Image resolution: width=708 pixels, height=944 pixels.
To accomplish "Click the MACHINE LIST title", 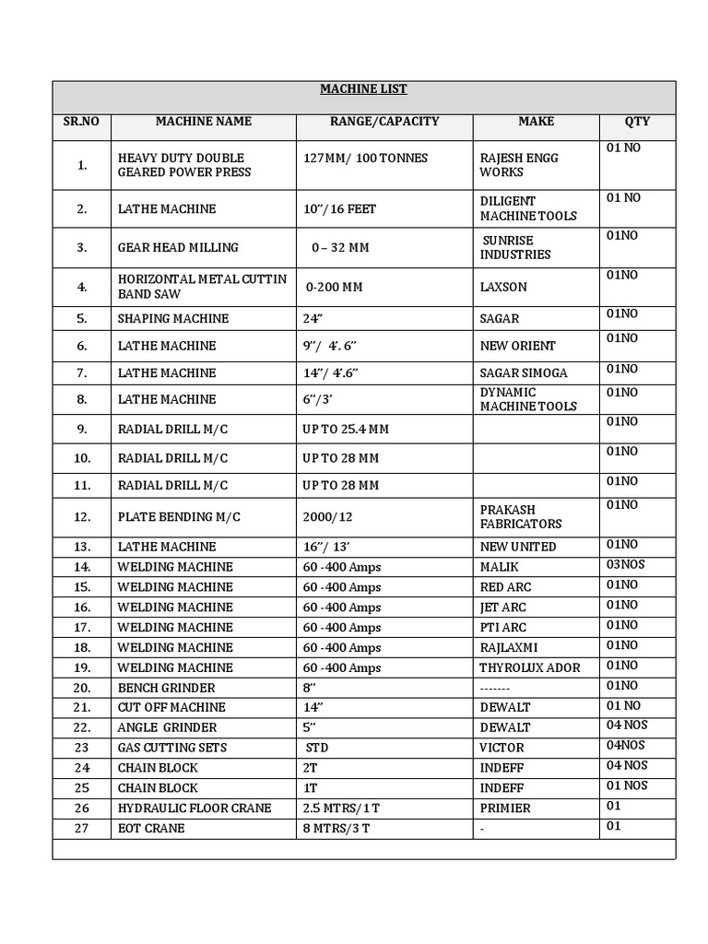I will pyautogui.click(x=363, y=89).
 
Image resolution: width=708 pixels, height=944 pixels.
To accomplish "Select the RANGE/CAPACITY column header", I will pyautogui.click(x=384, y=122).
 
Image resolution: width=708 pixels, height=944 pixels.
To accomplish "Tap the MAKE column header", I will pyautogui.click(x=536, y=122).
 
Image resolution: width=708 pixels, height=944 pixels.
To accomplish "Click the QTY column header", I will pyautogui.click(x=637, y=122).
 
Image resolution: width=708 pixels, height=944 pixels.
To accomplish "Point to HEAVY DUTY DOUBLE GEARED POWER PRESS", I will pyautogui.click(x=184, y=165).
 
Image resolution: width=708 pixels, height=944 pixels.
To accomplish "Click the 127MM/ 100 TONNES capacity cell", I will pyautogui.click(x=365, y=158).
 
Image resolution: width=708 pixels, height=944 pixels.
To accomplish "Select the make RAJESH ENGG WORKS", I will pyautogui.click(x=519, y=165).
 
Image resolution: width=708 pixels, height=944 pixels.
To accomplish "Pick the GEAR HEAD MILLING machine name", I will pyautogui.click(x=178, y=247).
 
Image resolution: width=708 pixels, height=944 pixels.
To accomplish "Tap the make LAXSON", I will pyautogui.click(x=503, y=287).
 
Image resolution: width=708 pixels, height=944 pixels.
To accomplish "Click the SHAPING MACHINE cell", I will pyautogui.click(x=173, y=319).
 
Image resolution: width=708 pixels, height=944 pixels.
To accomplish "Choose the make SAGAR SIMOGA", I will pyautogui.click(x=524, y=372).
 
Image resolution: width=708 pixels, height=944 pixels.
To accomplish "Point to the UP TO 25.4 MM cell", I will pyautogui.click(x=346, y=429).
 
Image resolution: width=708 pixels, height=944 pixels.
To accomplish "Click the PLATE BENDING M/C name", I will pyautogui.click(x=179, y=516).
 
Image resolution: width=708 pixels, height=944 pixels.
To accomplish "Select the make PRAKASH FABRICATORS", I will pyautogui.click(x=521, y=516).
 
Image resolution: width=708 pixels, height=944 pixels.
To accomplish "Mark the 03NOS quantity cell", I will pyautogui.click(x=627, y=565).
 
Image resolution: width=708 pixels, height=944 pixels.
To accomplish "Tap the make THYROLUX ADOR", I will pyautogui.click(x=530, y=667).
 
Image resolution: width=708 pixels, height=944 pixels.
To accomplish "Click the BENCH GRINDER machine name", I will pyautogui.click(x=167, y=688).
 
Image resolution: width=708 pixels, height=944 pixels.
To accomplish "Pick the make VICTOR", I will pyautogui.click(x=501, y=748).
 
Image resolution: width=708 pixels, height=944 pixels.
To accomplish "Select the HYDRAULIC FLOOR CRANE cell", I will pyautogui.click(x=195, y=808).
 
